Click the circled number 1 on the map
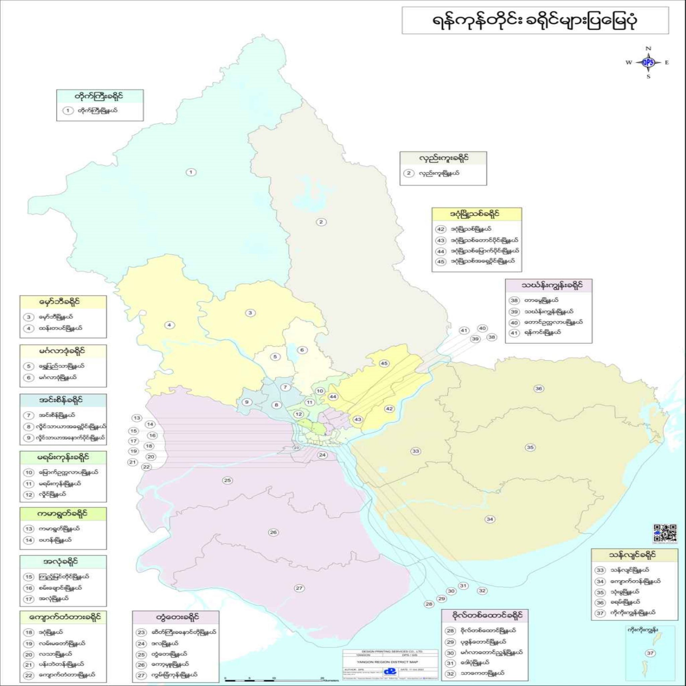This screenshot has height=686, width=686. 191,172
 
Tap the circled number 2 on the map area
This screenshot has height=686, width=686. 321,222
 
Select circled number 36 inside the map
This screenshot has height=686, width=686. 539,389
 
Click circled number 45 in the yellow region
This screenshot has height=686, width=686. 384,363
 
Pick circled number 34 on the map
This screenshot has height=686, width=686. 490,519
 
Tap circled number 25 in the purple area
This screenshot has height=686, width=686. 227,480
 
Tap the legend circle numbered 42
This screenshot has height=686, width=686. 441,229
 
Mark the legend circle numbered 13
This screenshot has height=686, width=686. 29,529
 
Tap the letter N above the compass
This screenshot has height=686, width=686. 648,48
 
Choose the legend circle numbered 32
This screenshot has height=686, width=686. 450,673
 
